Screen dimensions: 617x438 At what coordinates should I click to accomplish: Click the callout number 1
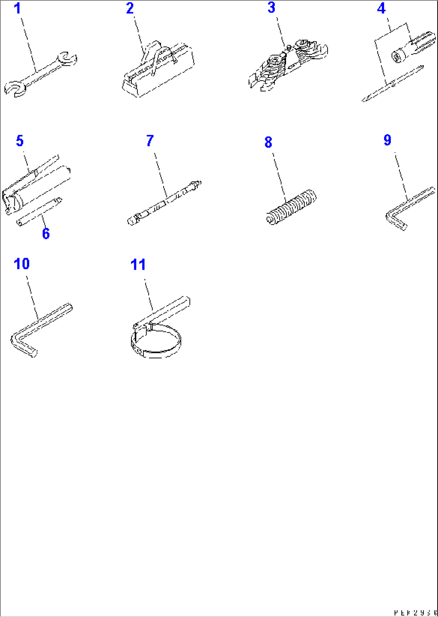coord(17,8)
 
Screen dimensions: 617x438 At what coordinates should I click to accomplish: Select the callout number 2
coord(130,8)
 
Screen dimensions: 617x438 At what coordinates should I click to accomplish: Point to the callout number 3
coord(272,8)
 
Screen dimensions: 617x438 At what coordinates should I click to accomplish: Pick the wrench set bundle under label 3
coord(287,66)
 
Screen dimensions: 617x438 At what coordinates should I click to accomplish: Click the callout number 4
coord(381,8)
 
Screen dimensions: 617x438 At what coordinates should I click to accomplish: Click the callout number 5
coord(20,141)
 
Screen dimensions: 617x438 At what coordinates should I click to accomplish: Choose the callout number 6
coord(46,233)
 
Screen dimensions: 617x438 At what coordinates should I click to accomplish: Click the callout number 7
coord(149,141)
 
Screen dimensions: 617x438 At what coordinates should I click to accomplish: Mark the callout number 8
coord(268,142)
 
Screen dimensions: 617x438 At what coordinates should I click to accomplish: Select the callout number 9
coord(387,140)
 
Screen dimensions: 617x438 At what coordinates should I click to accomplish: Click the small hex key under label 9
coord(406,209)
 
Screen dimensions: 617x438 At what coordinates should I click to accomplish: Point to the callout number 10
coord(22,264)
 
